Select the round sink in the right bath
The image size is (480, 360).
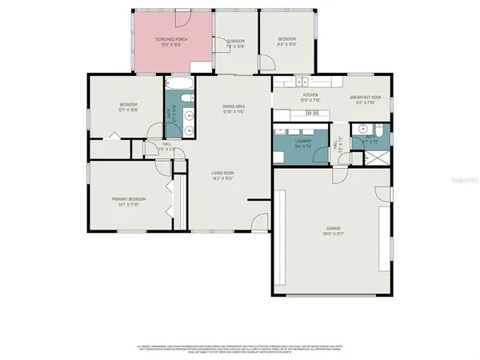[362, 128]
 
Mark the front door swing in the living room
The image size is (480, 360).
[258, 223]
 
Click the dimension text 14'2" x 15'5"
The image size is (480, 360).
[222, 178]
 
